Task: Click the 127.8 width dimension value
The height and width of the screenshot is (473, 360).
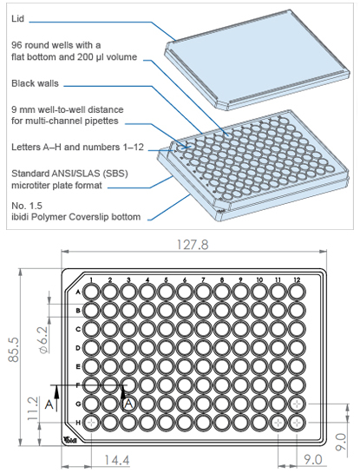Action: point(193,245)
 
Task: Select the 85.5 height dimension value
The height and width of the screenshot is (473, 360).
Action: point(14,349)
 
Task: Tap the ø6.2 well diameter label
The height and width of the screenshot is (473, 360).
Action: point(43,340)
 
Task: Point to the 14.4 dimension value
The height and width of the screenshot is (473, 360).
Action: point(117,460)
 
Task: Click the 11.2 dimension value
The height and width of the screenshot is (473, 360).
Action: point(33,409)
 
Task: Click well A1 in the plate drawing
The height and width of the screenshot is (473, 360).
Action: point(91,292)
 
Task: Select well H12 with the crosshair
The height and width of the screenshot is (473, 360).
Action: point(297,423)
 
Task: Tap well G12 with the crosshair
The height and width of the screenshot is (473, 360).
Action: point(297,404)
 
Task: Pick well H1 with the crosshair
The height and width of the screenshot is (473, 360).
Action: point(91,423)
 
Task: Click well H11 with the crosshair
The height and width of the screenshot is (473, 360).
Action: point(278,423)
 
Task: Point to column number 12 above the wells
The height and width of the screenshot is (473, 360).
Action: point(297,279)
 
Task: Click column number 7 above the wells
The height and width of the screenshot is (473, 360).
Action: point(203,279)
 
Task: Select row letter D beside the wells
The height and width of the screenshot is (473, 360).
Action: point(78,348)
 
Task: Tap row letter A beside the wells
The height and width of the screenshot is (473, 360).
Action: point(78,292)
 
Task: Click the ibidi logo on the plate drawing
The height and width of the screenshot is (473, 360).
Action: point(70,440)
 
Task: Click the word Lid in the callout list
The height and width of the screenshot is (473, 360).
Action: point(18,19)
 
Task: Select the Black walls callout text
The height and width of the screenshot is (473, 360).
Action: point(35,83)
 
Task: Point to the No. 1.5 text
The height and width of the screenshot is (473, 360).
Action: point(27,206)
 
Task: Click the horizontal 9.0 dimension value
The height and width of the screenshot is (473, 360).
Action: point(312,460)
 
